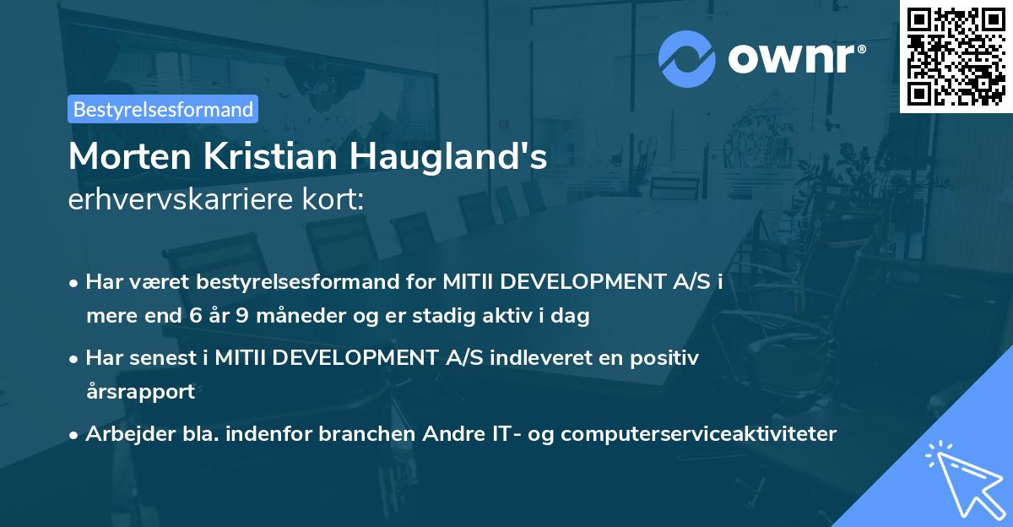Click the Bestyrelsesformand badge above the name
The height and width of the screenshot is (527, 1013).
(163, 109)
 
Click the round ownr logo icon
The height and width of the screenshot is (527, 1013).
(687, 59)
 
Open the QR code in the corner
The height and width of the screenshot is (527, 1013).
(956, 56)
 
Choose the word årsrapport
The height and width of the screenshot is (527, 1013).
(140, 391)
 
